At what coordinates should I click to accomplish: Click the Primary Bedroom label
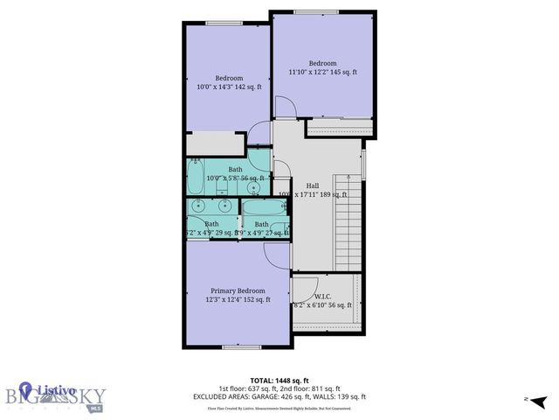(238, 290)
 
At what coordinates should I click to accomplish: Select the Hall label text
(311, 185)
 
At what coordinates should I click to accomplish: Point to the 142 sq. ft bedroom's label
(229, 78)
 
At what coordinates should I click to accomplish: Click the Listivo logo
(53, 392)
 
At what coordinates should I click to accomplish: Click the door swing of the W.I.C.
(304, 287)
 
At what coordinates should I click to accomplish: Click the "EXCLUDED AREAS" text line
(279, 396)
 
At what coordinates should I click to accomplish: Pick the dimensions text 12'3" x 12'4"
(238, 300)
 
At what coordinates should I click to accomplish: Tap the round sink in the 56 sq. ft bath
(253, 186)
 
